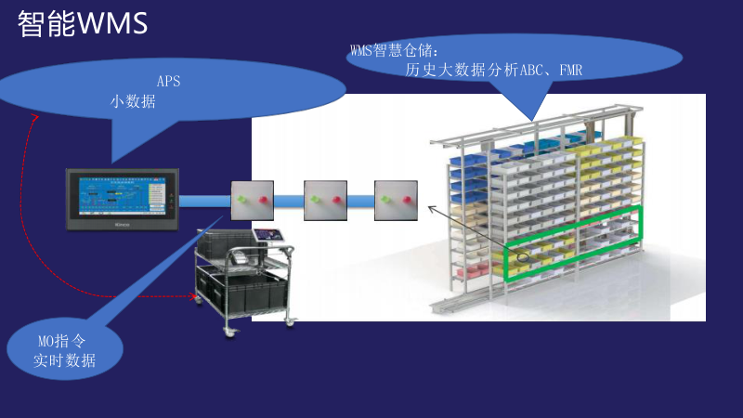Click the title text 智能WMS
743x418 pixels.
click(x=82, y=24)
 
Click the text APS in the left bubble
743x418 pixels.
click(x=168, y=81)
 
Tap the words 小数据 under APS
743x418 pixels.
click(x=133, y=102)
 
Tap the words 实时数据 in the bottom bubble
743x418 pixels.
click(x=64, y=360)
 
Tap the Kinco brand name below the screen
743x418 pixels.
click(x=120, y=223)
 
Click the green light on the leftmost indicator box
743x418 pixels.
click(x=244, y=199)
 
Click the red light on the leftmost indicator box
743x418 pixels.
click(x=263, y=199)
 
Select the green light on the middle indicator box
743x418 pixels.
click(x=316, y=199)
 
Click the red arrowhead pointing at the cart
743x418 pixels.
click(x=194, y=297)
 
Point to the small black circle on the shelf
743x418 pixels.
click(x=524, y=257)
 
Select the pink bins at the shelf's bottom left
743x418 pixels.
click(x=474, y=271)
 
